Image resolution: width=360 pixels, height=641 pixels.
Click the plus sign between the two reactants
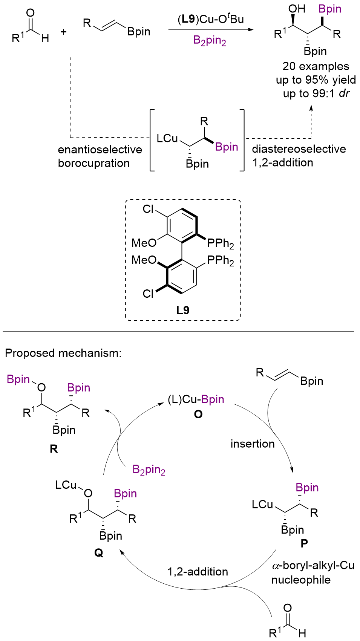(x=63, y=32)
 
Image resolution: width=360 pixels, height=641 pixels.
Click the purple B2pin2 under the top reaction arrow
(x=210, y=40)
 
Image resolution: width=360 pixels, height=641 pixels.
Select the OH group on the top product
(x=297, y=9)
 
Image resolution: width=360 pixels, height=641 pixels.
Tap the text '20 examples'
(x=316, y=66)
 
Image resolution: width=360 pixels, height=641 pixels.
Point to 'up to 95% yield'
(x=316, y=80)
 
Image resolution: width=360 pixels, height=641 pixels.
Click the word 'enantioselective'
(x=100, y=150)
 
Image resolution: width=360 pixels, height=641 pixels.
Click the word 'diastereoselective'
(x=299, y=149)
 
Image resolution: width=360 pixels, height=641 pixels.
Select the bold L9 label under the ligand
(x=183, y=310)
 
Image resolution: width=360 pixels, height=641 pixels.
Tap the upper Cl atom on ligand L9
(x=149, y=209)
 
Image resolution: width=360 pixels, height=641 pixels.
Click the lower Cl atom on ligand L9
(x=149, y=294)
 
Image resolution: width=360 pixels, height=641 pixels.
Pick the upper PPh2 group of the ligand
(x=221, y=243)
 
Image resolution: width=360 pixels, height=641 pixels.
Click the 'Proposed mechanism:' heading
(x=63, y=353)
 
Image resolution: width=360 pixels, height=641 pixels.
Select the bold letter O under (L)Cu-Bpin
(x=198, y=415)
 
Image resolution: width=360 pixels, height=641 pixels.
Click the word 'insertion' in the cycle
(x=253, y=444)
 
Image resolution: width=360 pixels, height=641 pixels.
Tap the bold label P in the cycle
(x=304, y=543)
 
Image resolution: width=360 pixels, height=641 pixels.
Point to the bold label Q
(x=98, y=553)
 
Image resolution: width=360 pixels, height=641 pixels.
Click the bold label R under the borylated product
(x=54, y=449)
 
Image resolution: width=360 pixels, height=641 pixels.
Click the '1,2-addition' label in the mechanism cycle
(x=198, y=572)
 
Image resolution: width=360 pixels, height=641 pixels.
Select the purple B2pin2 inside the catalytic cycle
(x=149, y=470)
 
